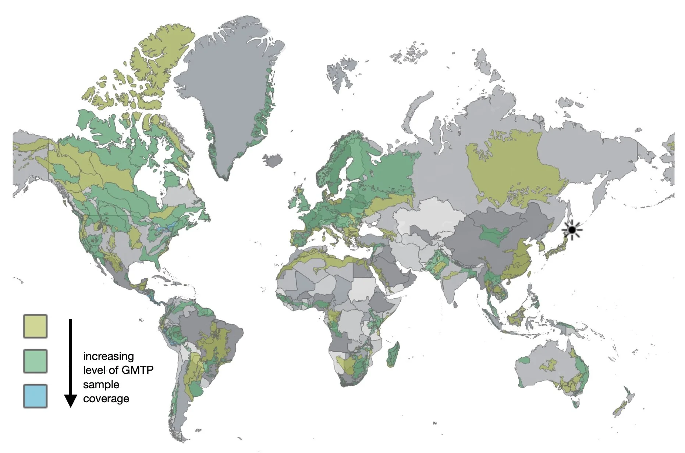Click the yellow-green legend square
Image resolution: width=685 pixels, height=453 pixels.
(x=35, y=326)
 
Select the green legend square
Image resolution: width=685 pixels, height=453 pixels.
(x=35, y=361)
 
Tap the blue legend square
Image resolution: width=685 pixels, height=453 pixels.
(x=35, y=396)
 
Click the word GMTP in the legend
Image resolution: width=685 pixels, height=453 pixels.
(x=137, y=370)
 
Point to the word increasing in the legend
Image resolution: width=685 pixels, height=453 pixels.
(x=108, y=356)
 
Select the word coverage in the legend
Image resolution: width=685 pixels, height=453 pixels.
(x=106, y=399)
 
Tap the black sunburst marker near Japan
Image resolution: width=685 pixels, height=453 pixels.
(x=572, y=230)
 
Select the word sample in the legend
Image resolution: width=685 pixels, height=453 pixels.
(x=101, y=385)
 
